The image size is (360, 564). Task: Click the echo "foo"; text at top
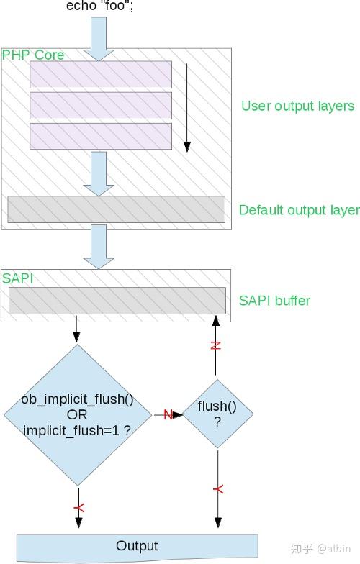pyautogui.click(x=99, y=6)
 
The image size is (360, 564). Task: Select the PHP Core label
pyautogui.click(x=33, y=55)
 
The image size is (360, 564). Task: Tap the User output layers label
pyautogui.click(x=298, y=106)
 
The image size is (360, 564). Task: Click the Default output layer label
pyautogui.click(x=300, y=210)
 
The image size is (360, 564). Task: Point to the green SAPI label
pyautogui.click(x=17, y=278)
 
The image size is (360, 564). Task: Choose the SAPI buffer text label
pyautogui.click(x=274, y=301)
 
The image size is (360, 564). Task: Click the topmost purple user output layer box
pyautogui.click(x=101, y=75)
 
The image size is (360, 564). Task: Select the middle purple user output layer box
pyautogui.click(x=101, y=106)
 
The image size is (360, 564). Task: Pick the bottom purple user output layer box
pyautogui.click(x=101, y=137)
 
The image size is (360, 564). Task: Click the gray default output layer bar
pyautogui.click(x=117, y=209)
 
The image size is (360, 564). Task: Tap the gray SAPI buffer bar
pyautogui.click(x=117, y=301)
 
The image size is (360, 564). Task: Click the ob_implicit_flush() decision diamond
pyautogui.click(x=78, y=415)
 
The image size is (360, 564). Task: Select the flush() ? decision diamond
pyautogui.click(x=217, y=414)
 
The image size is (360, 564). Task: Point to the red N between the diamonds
pyautogui.click(x=168, y=414)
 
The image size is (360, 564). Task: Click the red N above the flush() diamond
pyautogui.click(x=215, y=345)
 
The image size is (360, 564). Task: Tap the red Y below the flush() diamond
pyautogui.click(x=218, y=489)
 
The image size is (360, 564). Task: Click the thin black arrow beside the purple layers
pyautogui.click(x=187, y=108)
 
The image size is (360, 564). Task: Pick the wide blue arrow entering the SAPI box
pyautogui.click(x=99, y=246)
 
